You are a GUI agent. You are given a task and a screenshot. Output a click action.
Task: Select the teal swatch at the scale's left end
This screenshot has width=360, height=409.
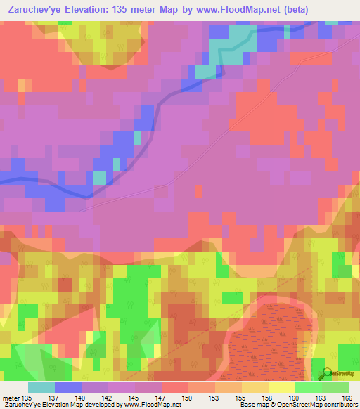click(41, 387)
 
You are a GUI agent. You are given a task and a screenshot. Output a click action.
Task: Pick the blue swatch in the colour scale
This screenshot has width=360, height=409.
click(68, 387)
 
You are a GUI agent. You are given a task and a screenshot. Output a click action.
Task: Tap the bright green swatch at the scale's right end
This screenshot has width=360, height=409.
click(335, 387)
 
